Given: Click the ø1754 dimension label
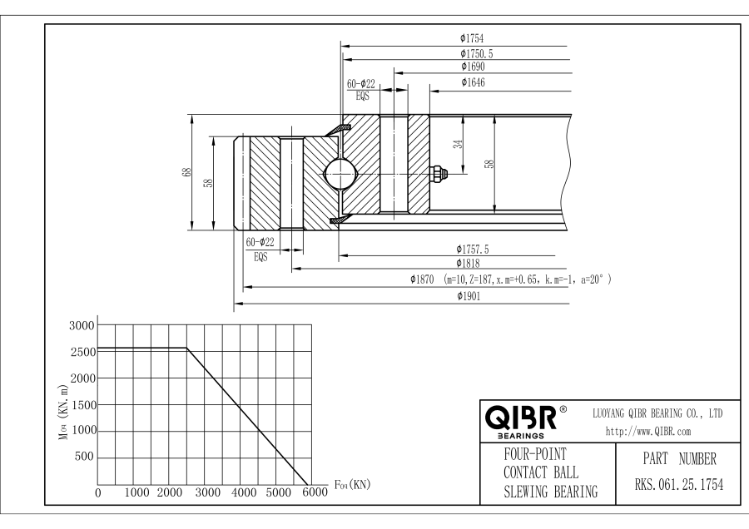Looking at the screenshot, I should [471, 37].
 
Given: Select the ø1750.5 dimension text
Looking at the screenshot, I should [476, 52].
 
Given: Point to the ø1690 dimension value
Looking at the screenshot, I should [472, 67].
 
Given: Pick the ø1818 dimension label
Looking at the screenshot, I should [469, 263].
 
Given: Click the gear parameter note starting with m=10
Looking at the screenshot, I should [528, 280].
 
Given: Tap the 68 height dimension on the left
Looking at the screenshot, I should [186, 172].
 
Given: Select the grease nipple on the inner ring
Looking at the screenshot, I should [437, 173].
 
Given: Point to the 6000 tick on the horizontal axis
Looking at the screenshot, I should [315, 493].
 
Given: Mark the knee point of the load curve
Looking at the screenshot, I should [186, 349].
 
